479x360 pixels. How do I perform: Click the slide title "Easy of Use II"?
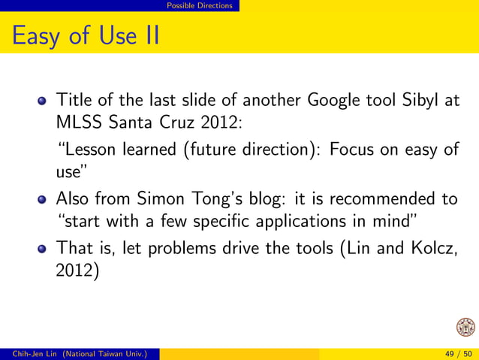pos(86,35)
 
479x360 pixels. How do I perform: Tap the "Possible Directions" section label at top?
pos(199,6)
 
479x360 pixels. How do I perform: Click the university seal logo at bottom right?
pos(465,328)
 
